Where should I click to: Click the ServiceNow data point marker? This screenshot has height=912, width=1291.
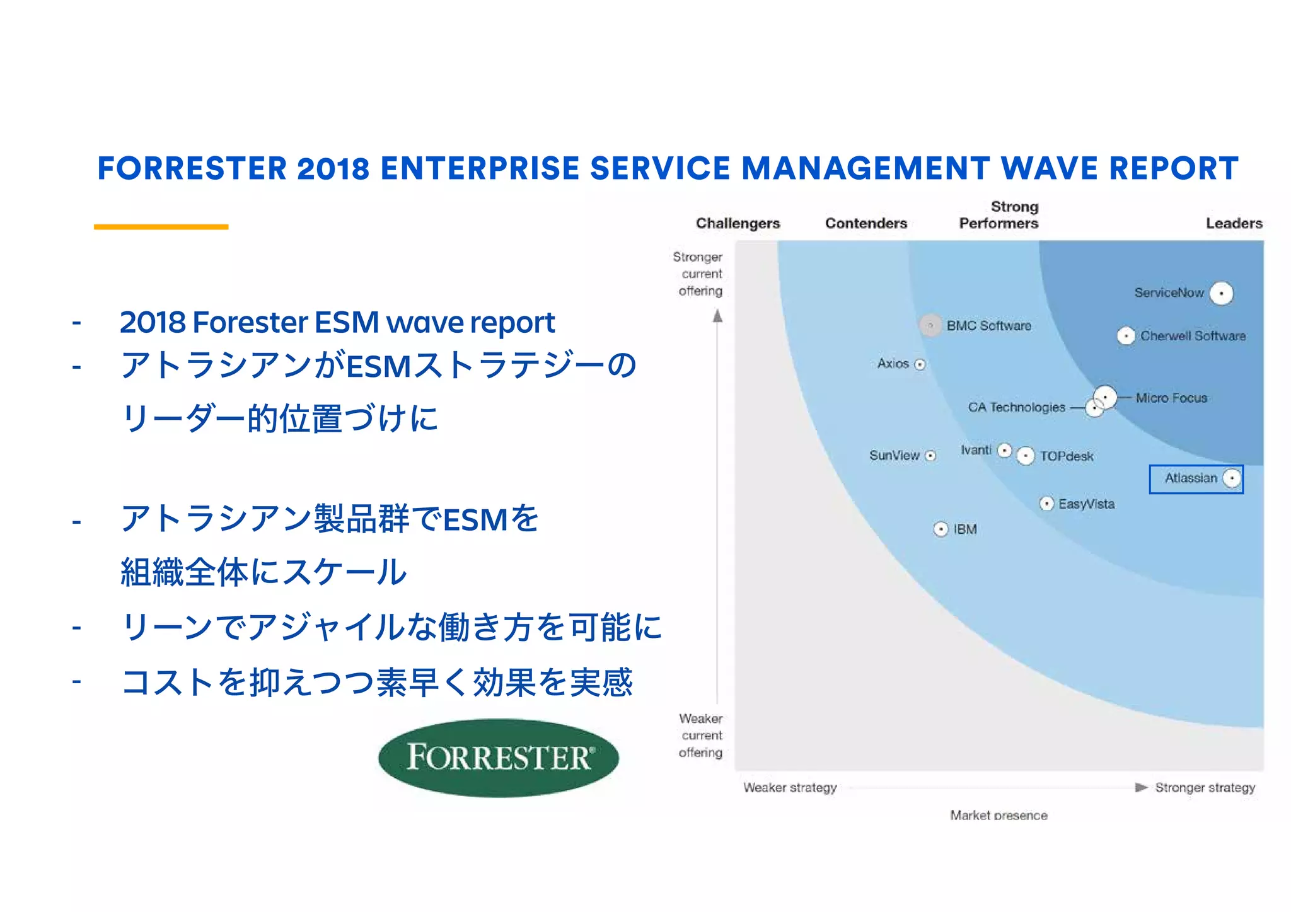(x=1221, y=293)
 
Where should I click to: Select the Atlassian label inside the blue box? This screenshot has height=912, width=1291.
(x=1190, y=478)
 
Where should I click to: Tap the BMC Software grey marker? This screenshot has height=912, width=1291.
(x=930, y=325)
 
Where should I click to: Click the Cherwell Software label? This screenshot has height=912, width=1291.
(x=1193, y=336)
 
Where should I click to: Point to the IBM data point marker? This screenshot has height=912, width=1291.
(x=941, y=529)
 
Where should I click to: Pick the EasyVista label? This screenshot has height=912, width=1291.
(x=1086, y=504)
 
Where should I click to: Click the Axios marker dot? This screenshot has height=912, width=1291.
(x=920, y=364)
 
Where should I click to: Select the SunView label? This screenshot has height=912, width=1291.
(x=894, y=456)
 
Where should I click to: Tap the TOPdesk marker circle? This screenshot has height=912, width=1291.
(x=1026, y=456)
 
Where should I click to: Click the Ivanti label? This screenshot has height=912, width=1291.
(x=976, y=450)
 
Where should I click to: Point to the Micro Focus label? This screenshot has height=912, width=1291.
(x=1171, y=398)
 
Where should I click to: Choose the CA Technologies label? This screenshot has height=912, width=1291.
(x=1016, y=408)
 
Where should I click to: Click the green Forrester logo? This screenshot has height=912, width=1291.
(x=498, y=758)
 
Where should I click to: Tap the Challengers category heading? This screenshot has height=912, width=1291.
(x=738, y=223)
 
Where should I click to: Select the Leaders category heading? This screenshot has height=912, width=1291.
(x=1234, y=223)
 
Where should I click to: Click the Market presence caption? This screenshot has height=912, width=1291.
(x=999, y=815)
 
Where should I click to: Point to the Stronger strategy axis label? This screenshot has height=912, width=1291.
(x=1205, y=788)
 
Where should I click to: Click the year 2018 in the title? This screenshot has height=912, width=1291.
(x=333, y=168)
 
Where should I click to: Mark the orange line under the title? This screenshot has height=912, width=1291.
(x=161, y=226)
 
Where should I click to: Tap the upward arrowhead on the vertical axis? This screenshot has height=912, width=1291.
(x=717, y=316)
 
